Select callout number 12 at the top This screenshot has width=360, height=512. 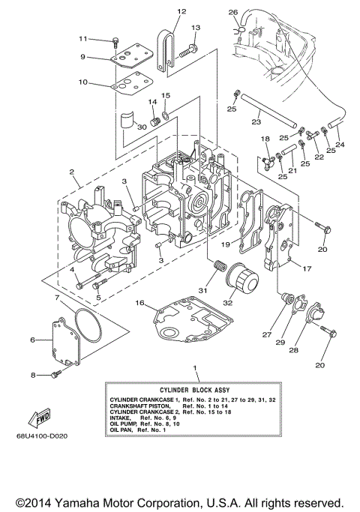(181, 12)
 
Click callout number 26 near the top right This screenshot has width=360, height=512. (233, 12)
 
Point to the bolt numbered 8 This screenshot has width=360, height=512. (55, 375)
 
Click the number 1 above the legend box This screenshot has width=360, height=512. (196, 369)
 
